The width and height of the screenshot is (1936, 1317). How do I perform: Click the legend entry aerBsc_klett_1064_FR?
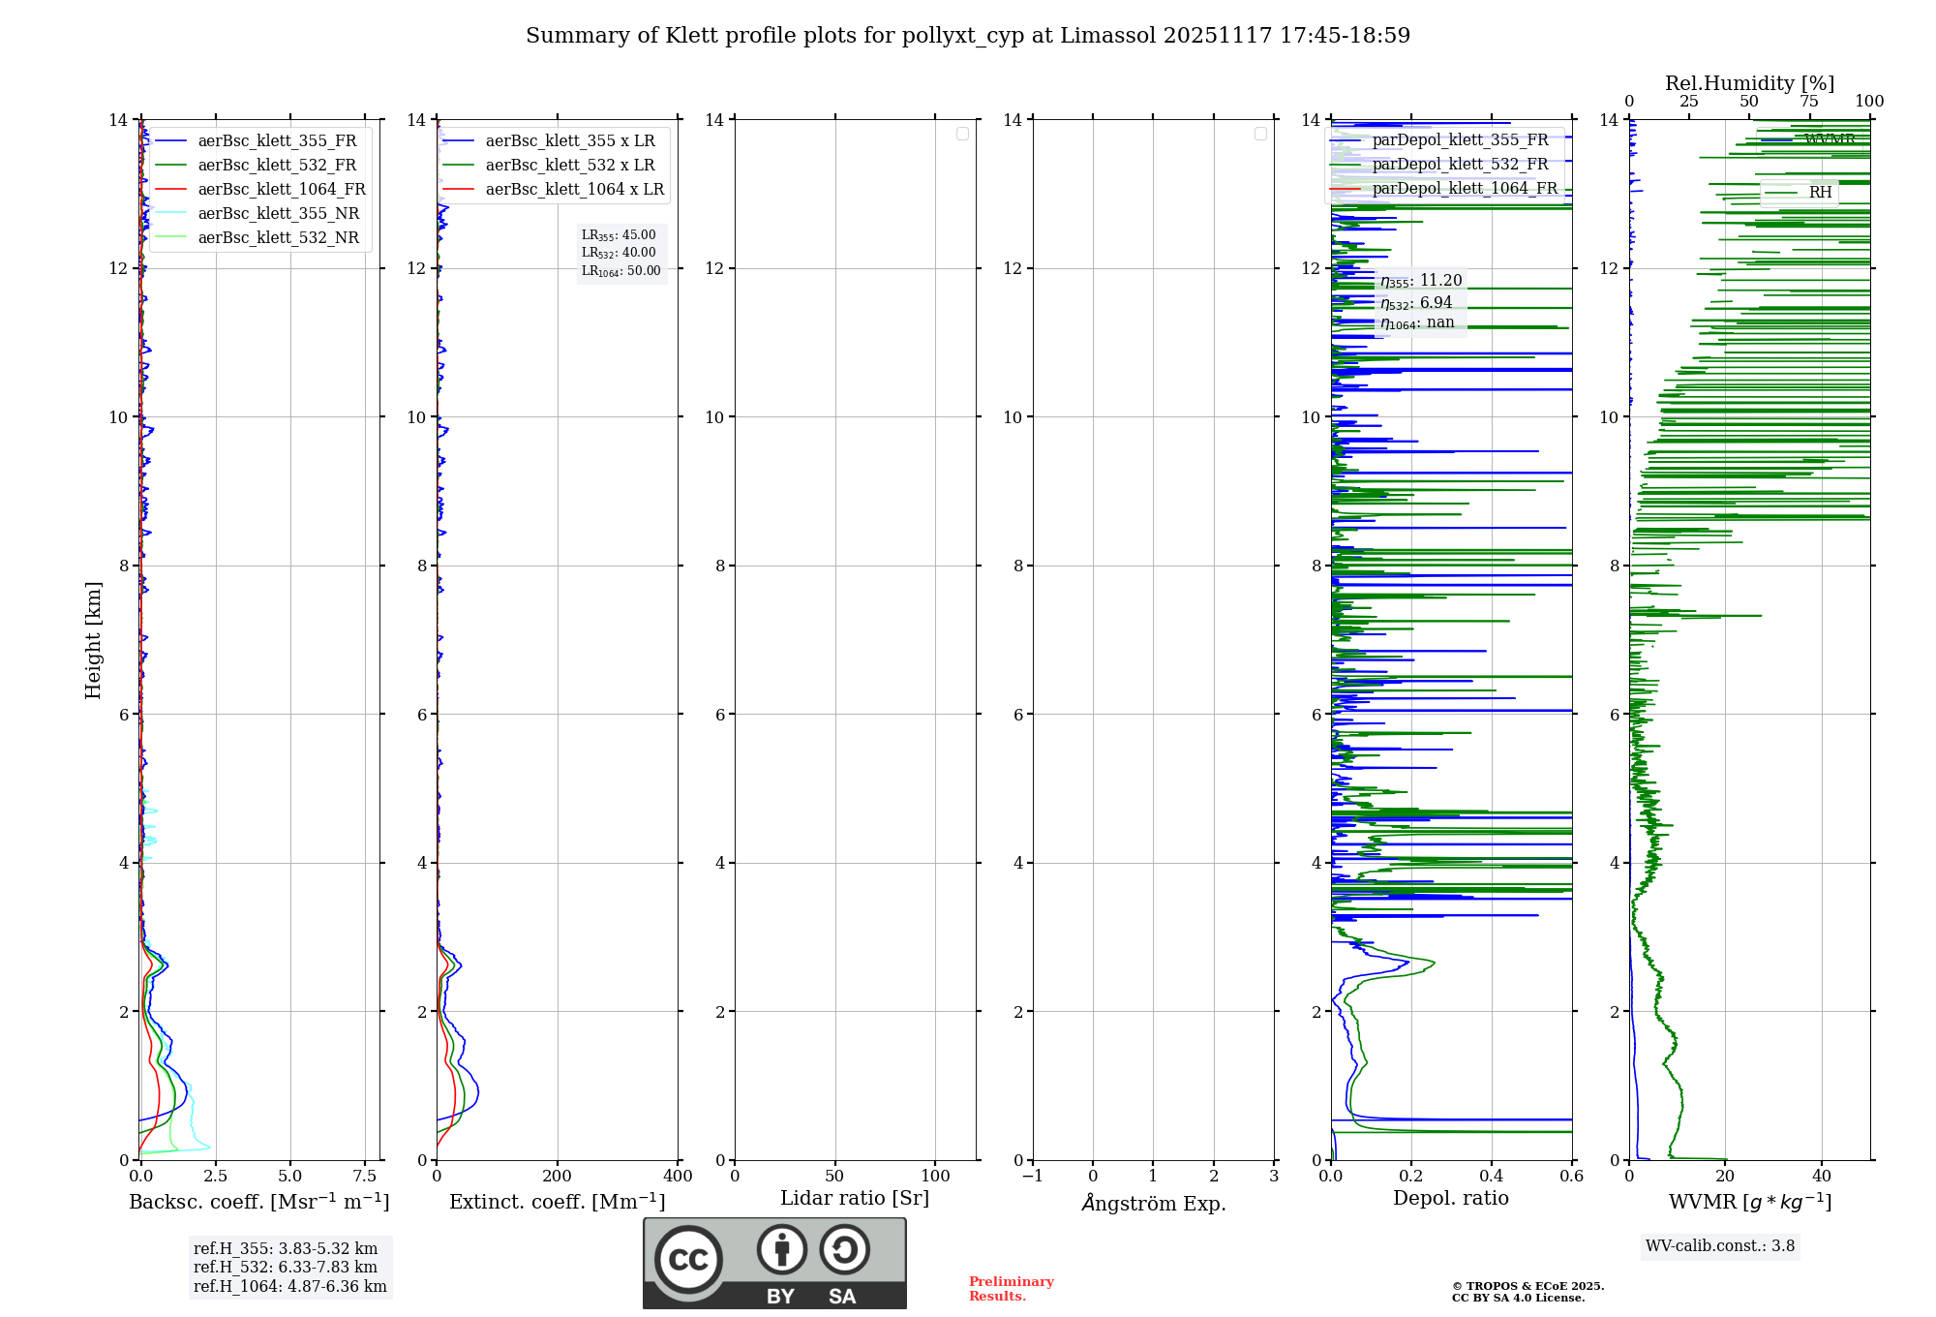click(x=282, y=190)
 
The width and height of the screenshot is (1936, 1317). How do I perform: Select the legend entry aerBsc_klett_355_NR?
click(x=278, y=214)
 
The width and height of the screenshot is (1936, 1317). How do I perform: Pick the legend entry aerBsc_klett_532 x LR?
click(x=569, y=166)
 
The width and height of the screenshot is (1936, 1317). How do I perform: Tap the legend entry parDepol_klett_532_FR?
click(x=1460, y=165)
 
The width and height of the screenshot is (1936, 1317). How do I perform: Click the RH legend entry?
click(x=1820, y=193)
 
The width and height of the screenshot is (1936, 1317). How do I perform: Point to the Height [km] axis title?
click(x=93, y=640)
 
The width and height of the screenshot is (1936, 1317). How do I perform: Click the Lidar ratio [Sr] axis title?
click(x=855, y=1199)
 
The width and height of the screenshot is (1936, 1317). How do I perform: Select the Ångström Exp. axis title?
click(x=1153, y=1204)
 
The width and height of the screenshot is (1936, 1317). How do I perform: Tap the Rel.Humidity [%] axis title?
click(x=1749, y=83)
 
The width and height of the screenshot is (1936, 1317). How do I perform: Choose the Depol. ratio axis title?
click(x=1450, y=1199)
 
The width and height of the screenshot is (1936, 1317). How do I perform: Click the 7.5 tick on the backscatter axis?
click(x=365, y=1177)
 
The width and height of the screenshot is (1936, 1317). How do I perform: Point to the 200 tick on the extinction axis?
click(x=557, y=1177)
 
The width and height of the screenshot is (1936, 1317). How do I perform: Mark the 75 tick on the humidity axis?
click(x=1808, y=102)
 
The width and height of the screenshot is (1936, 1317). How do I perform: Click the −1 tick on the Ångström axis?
click(x=1033, y=1177)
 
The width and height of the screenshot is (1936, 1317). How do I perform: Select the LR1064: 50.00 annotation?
click(x=620, y=271)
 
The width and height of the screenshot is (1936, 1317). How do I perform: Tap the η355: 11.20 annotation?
click(x=1420, y=281)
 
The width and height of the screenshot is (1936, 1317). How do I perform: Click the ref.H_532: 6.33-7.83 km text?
click(x=286, y=1268)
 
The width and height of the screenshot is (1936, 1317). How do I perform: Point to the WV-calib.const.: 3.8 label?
click(x=1720, y=1246)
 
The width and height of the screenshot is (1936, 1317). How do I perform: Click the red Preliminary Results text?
click(x=1011, y=1289)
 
